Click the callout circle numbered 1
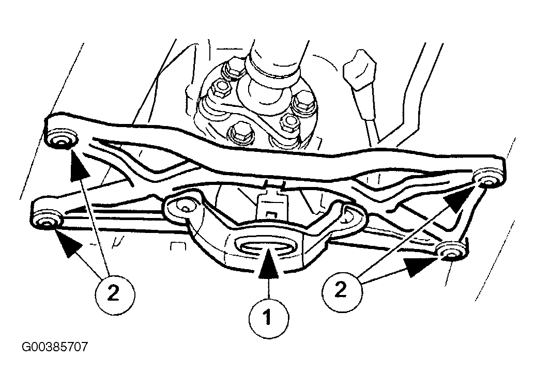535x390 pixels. (x=268, y=318)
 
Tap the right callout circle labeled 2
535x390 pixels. (x=342, y=291)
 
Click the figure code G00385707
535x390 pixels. (x=55, y=347)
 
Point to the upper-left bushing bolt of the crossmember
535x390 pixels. (x=61, y=141)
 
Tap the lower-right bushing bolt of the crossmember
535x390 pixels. (x=450, y=253)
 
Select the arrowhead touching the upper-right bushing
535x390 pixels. (x=459, y=199)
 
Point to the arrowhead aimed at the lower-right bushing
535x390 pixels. (x=420, y=266)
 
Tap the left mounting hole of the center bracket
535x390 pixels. (x=184, y=208)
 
